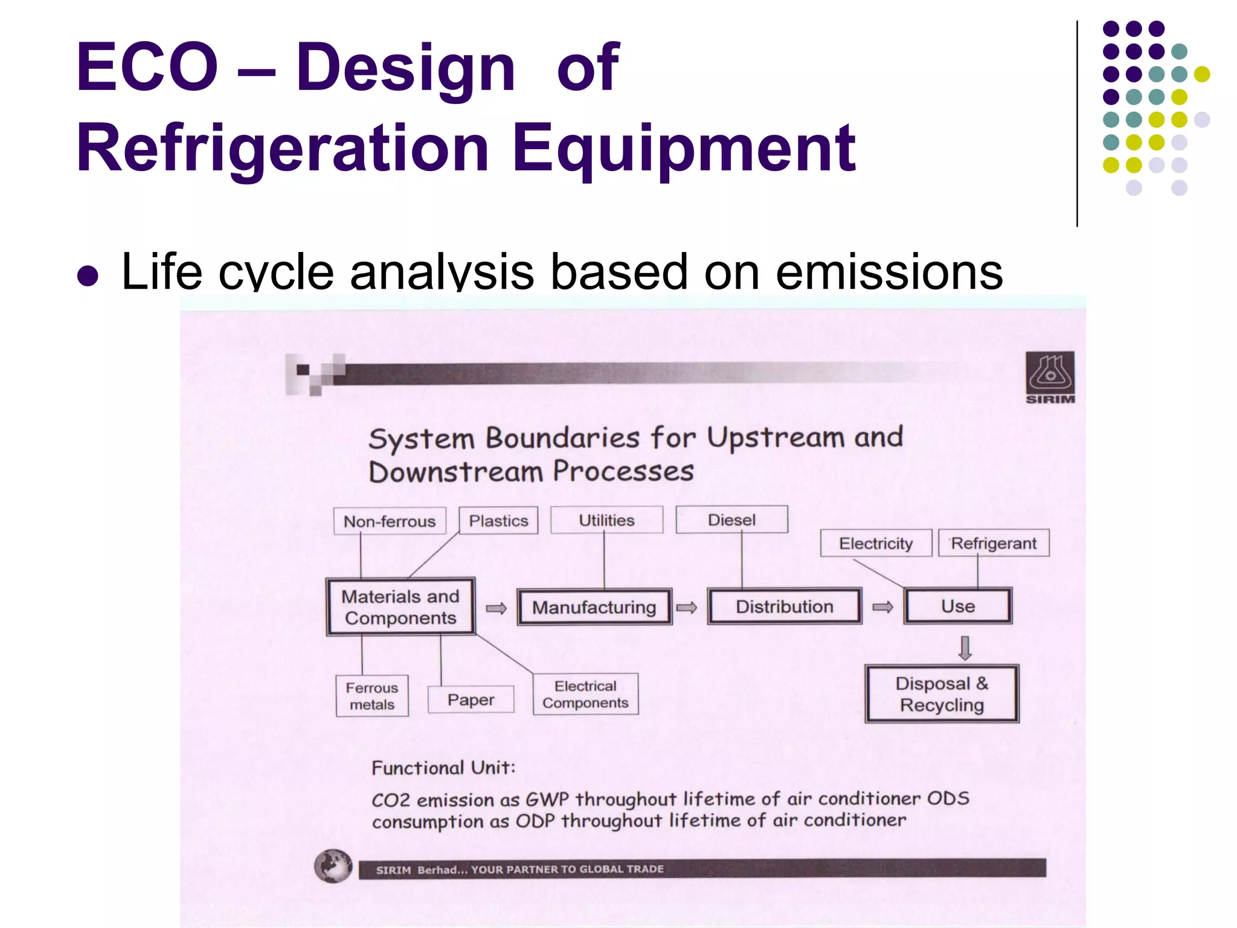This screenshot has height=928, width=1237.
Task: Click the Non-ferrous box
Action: [x=390, y=521]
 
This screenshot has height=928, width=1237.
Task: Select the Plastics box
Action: [x=498, y=520]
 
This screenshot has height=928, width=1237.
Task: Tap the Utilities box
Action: [x=606, y=520]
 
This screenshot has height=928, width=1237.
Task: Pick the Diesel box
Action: [x=731, y=520]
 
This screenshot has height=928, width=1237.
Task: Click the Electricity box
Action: [x=875, y=543]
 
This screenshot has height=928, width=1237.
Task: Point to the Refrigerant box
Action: [x=994, y=543]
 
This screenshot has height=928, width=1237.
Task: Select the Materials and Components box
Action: [x=400, y=607]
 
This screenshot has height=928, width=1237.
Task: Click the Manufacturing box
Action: [x=594, y=607]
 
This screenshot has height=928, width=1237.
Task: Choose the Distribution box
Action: [x=784, y=606]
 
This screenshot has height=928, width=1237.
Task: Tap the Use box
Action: [x=957, y=606]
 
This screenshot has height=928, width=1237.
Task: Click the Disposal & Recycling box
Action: [x=942, y=694]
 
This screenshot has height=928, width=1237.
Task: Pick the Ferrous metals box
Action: [x=372, y=695]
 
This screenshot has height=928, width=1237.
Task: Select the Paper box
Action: [x=471, y=699]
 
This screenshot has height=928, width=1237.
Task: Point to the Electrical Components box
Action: [x=585, y=694]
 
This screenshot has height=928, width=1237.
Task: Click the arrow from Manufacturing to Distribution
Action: [x=687, y=607]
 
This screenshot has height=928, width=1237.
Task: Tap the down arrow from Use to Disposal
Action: [x=965, y=647]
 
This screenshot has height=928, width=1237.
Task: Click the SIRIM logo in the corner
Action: [x=1050, y=378]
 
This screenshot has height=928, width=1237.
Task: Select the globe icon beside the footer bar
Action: [x=333, y=866]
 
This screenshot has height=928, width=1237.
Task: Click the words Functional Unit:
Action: [x=443, y=767]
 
